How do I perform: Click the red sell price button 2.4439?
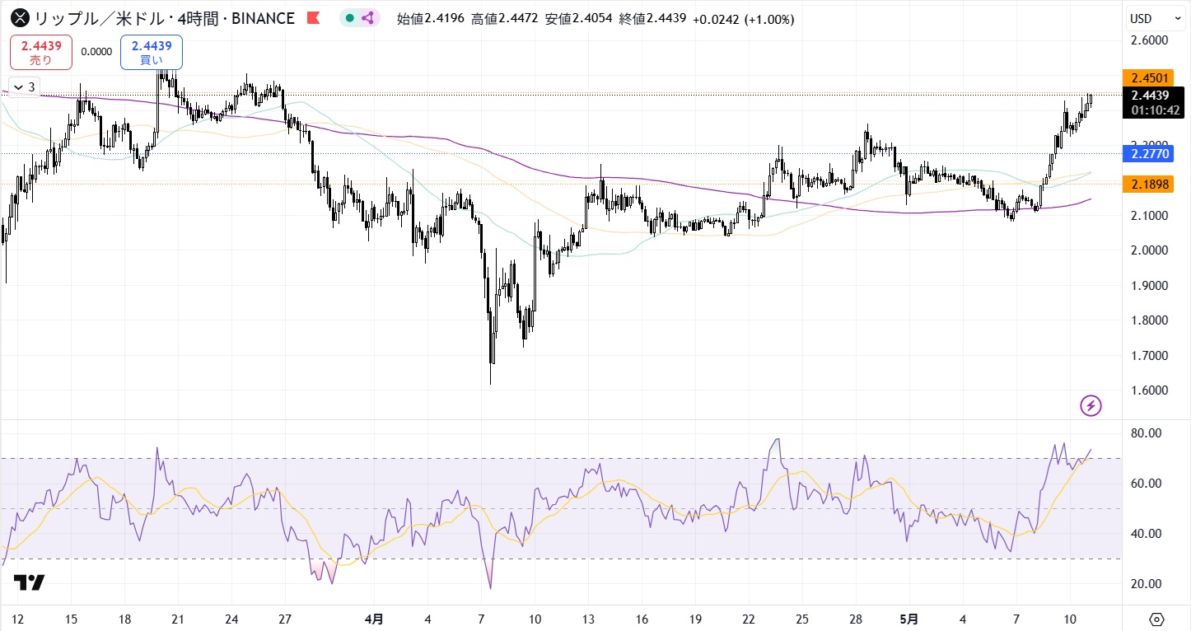(41, 52)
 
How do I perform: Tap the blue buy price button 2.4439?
(152, 52)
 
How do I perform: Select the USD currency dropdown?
(1156, 18)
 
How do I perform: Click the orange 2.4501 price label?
(1151, 78)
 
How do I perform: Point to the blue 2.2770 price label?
(1151, 153)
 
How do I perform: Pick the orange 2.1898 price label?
(1151, 185)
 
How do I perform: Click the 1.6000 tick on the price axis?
(1150, 390)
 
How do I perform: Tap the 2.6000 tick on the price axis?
(1150, 40)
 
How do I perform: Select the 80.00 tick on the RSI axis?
(1146, 433)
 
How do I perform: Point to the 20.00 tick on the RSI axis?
(1146, 584)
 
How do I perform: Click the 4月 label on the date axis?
(374, 619)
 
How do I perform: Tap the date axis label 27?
(285, 619)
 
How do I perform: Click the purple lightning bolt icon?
(1091, 405)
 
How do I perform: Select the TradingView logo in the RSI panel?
(29, 582)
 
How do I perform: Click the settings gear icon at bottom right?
(1156, 619)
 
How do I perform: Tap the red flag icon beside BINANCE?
(313, 18)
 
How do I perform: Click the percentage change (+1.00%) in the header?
(771, 18)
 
